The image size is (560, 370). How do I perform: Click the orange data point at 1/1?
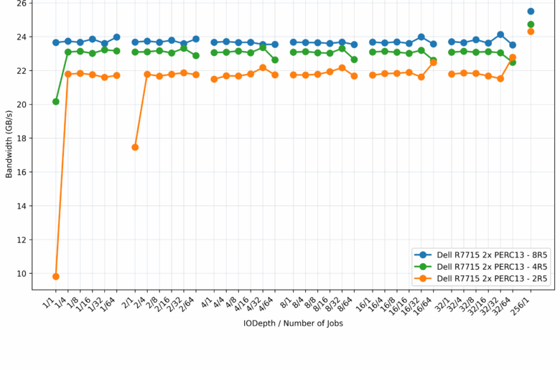click(56, 277)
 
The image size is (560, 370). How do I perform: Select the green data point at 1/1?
click(56, 102)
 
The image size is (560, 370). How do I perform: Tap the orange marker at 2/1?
click(135, 147)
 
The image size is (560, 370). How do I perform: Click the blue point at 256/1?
click(531, 11)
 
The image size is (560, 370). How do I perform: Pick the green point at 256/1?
click(531, 24)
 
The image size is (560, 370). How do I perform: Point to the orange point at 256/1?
click(531, 32)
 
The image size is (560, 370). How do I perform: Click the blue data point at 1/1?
click(56, 42)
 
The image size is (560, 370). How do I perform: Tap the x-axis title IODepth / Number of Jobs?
click(293, 323)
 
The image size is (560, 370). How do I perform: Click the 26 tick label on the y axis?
click(22, 4)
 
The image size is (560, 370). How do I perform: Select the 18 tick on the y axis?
click(22, 138)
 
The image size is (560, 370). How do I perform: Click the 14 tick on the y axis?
click(22, 207)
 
